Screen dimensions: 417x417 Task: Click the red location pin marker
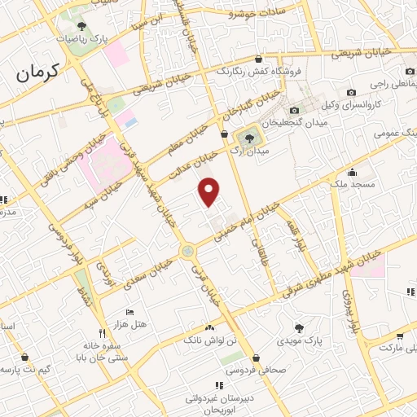pos(210,191)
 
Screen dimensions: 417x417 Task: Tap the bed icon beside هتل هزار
pos(129,312)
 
